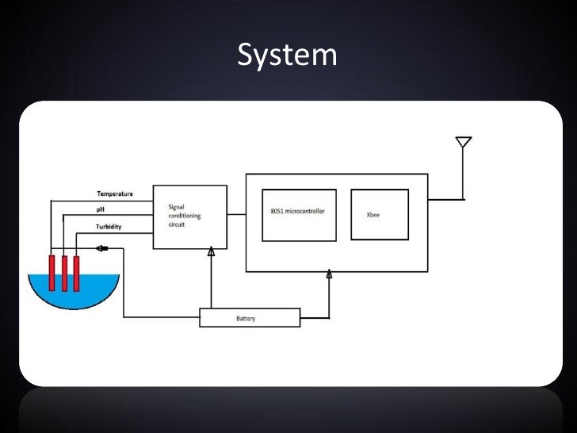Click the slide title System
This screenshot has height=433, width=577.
(x=287, y=55)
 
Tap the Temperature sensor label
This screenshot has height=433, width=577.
(x=115, y=194)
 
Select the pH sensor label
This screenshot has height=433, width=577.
(x=101, y=210)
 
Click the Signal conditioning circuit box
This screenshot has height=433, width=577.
(x=189, y=216)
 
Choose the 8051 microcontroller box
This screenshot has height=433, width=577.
(x=299, y=214)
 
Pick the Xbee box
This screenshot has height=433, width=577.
(x=380, y=214)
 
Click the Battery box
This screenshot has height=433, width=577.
(x=250, y=318)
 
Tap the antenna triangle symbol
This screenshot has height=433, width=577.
(x=464, y=143)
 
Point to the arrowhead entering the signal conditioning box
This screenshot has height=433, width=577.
(x=211, y=252)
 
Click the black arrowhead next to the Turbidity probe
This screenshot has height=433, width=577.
(x=101, y=248)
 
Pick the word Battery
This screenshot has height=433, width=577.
(x=246, y=319)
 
